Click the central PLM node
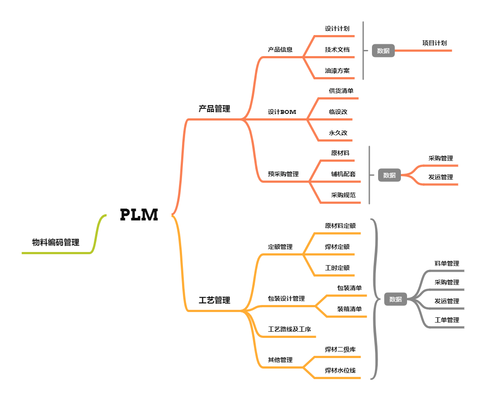coord(139,215)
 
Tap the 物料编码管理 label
coord(56,242)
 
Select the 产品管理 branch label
coord(214,109)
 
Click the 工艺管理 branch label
coord(214,301)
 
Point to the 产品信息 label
coord(280,50)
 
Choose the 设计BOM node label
coord(282,112)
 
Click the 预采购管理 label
coord(283,174)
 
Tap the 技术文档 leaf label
coord(337,50)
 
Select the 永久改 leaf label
coord(338,132)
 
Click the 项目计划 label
coord(435,43)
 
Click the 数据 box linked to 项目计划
coord(383,51)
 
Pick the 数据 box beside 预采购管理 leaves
coord(389,175)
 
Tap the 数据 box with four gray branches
coord(395,299)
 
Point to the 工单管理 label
coord(447,320)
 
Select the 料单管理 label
coord(447,263)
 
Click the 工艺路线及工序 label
coord(289,329)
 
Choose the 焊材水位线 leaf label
coord(340,370)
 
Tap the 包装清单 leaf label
coord(349,288)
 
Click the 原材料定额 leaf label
coord(340,226)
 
